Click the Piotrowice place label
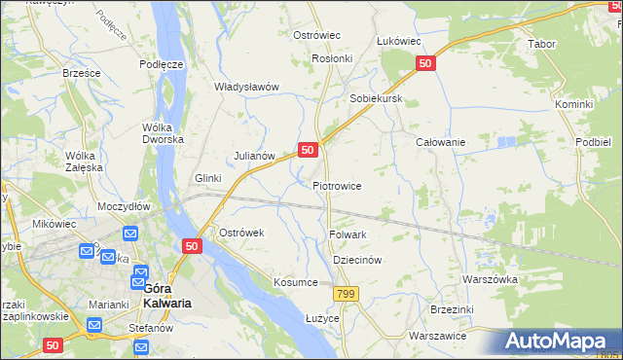pyautogui.click(x=337, y=186)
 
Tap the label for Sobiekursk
pyautogui.click(x=376, y=100)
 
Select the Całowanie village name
pyautogui.click(x=440, y=142)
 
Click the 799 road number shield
pyautogui.click(x=345, y=294)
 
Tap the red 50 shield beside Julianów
pyautogui.click(x=307, y=150)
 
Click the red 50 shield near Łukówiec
pyautogui.click(x=424, y=63)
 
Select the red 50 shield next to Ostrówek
pyautogui.click(x=191, y=247)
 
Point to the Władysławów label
pyautogui.click(x=247, y=87)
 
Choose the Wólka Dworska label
pyautogui.click(x=163, y=133)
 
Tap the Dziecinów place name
pyautogui.click(x=356, y=261)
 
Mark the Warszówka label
pyautogui.click(x=491, y=279)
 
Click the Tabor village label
pyautogui.click(x=541, y=45)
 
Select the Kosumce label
pyautogui.click(x=296, y=282)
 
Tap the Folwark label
pyautogui.click(x=348, y=234)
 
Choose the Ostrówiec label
pyautogui.click(x=316, y=35)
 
